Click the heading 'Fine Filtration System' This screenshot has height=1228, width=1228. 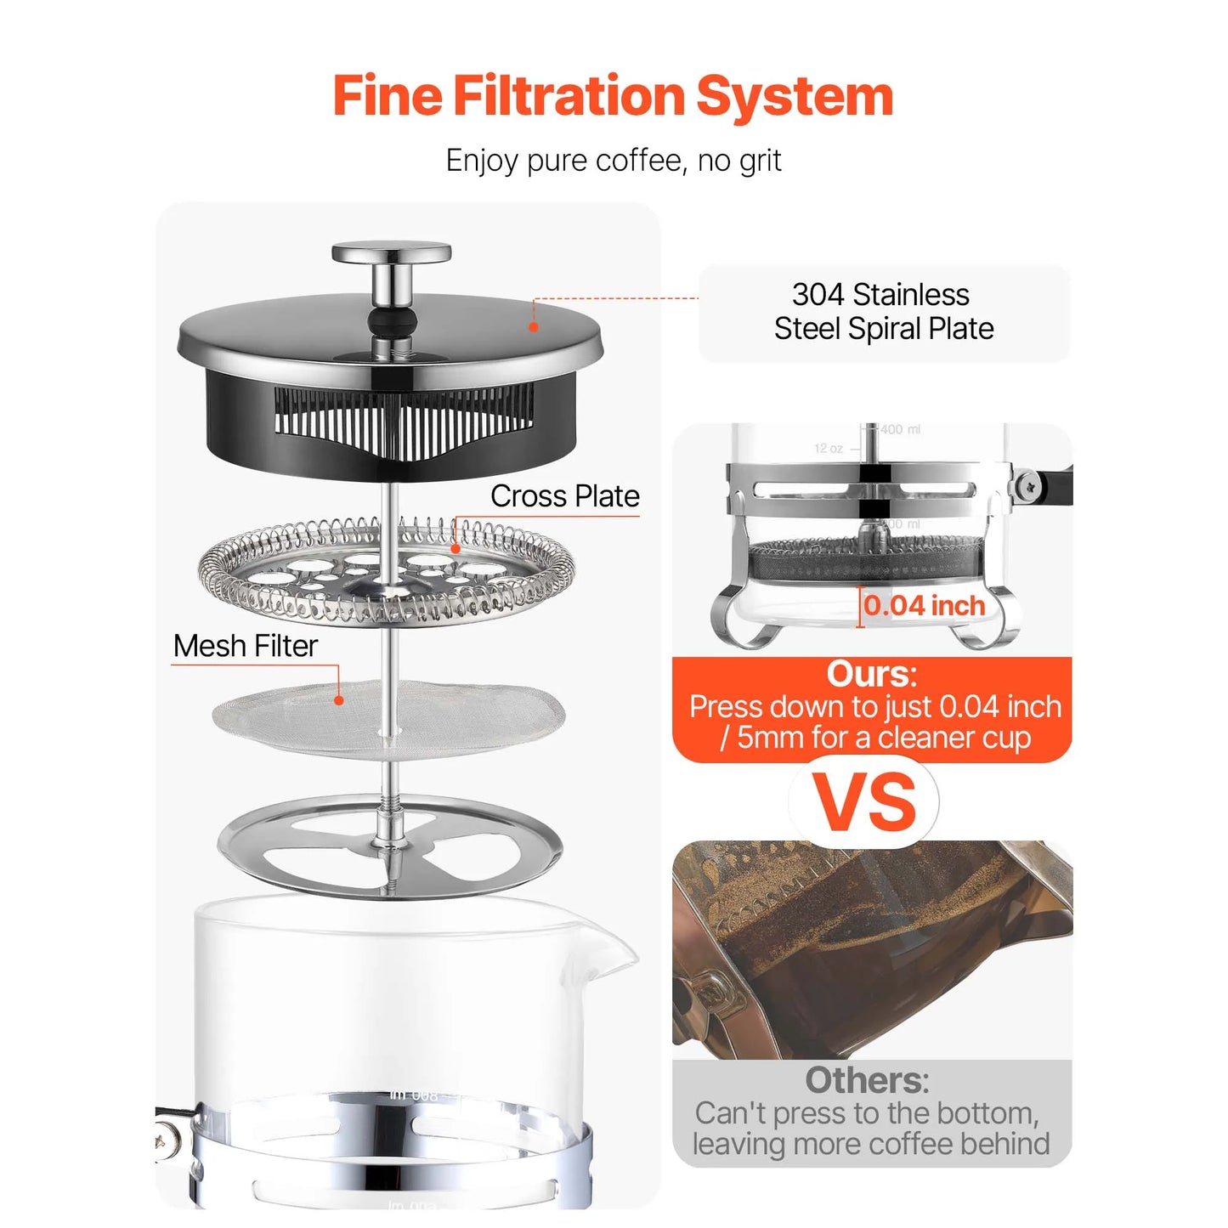point(613,95)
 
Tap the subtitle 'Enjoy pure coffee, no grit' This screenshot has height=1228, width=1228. point(613,160)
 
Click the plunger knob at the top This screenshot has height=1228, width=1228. point(391,252)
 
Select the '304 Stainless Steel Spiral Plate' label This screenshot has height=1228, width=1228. point(884,312)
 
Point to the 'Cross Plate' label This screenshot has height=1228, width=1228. point(564,495)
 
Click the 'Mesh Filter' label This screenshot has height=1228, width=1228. point(246,646)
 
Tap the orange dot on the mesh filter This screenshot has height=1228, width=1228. point(339,700)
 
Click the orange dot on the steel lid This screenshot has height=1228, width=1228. point(534,327)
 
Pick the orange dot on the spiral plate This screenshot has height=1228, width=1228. point(456,549)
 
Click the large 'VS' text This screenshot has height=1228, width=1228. point(865,802)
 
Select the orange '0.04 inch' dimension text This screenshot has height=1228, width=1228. point(925,605)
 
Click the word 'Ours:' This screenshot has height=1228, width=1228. point(872,674)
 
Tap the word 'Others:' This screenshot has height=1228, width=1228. point(867,1079)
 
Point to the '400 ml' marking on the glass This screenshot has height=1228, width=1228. point(901,429)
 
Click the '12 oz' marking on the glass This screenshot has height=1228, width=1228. point(829,449)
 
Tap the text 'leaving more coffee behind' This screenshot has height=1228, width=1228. point(871,1144)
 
